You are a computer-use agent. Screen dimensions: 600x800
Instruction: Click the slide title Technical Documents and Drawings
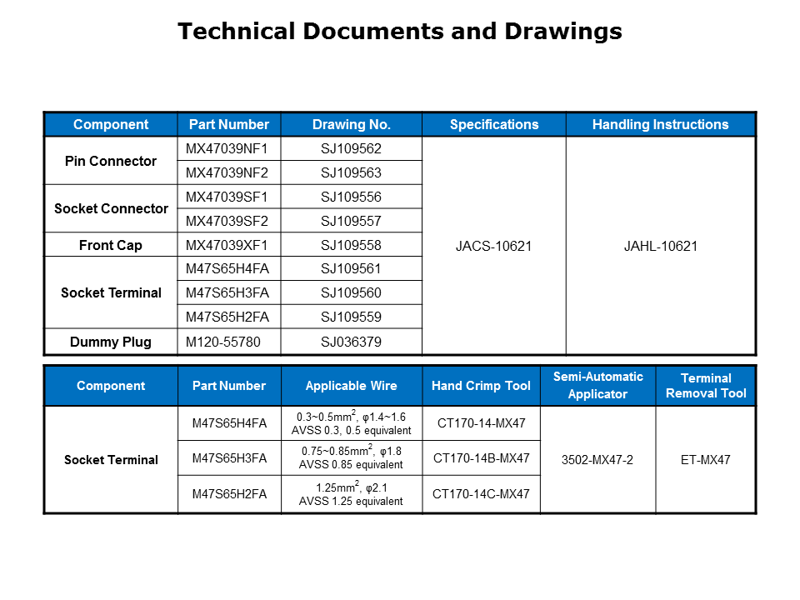click(400, 32)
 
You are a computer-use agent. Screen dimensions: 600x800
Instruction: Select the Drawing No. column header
click(351, 125)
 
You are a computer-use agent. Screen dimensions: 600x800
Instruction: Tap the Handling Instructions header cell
click(660, 125)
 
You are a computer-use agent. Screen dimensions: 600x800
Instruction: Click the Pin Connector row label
click(111, 161)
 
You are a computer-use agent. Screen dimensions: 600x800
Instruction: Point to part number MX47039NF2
click(227, 173)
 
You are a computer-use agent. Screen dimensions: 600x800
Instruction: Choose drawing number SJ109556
click(351, 197)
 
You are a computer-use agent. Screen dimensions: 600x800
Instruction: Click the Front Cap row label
click(111, 246)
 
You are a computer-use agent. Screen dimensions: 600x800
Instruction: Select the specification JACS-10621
click(493, 246)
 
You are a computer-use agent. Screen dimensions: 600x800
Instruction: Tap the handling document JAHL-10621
click(660, 246)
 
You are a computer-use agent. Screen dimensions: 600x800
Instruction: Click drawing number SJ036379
click(351, 342)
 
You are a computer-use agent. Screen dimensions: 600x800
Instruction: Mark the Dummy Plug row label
click(111, 342)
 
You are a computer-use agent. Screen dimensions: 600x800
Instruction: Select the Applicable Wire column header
click(351, 386)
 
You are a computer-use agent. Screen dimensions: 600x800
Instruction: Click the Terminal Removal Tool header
click(706, 386)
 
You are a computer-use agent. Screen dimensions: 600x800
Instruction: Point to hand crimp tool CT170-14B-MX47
click(481, 458)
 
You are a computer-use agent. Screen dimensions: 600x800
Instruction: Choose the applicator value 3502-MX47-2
click(597, 460)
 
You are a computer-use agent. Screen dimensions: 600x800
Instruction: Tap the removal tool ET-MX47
click(706, 460)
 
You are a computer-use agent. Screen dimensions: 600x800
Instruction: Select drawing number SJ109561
click(351, 268)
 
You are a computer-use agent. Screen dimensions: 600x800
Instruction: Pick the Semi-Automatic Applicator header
click(597, 386)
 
